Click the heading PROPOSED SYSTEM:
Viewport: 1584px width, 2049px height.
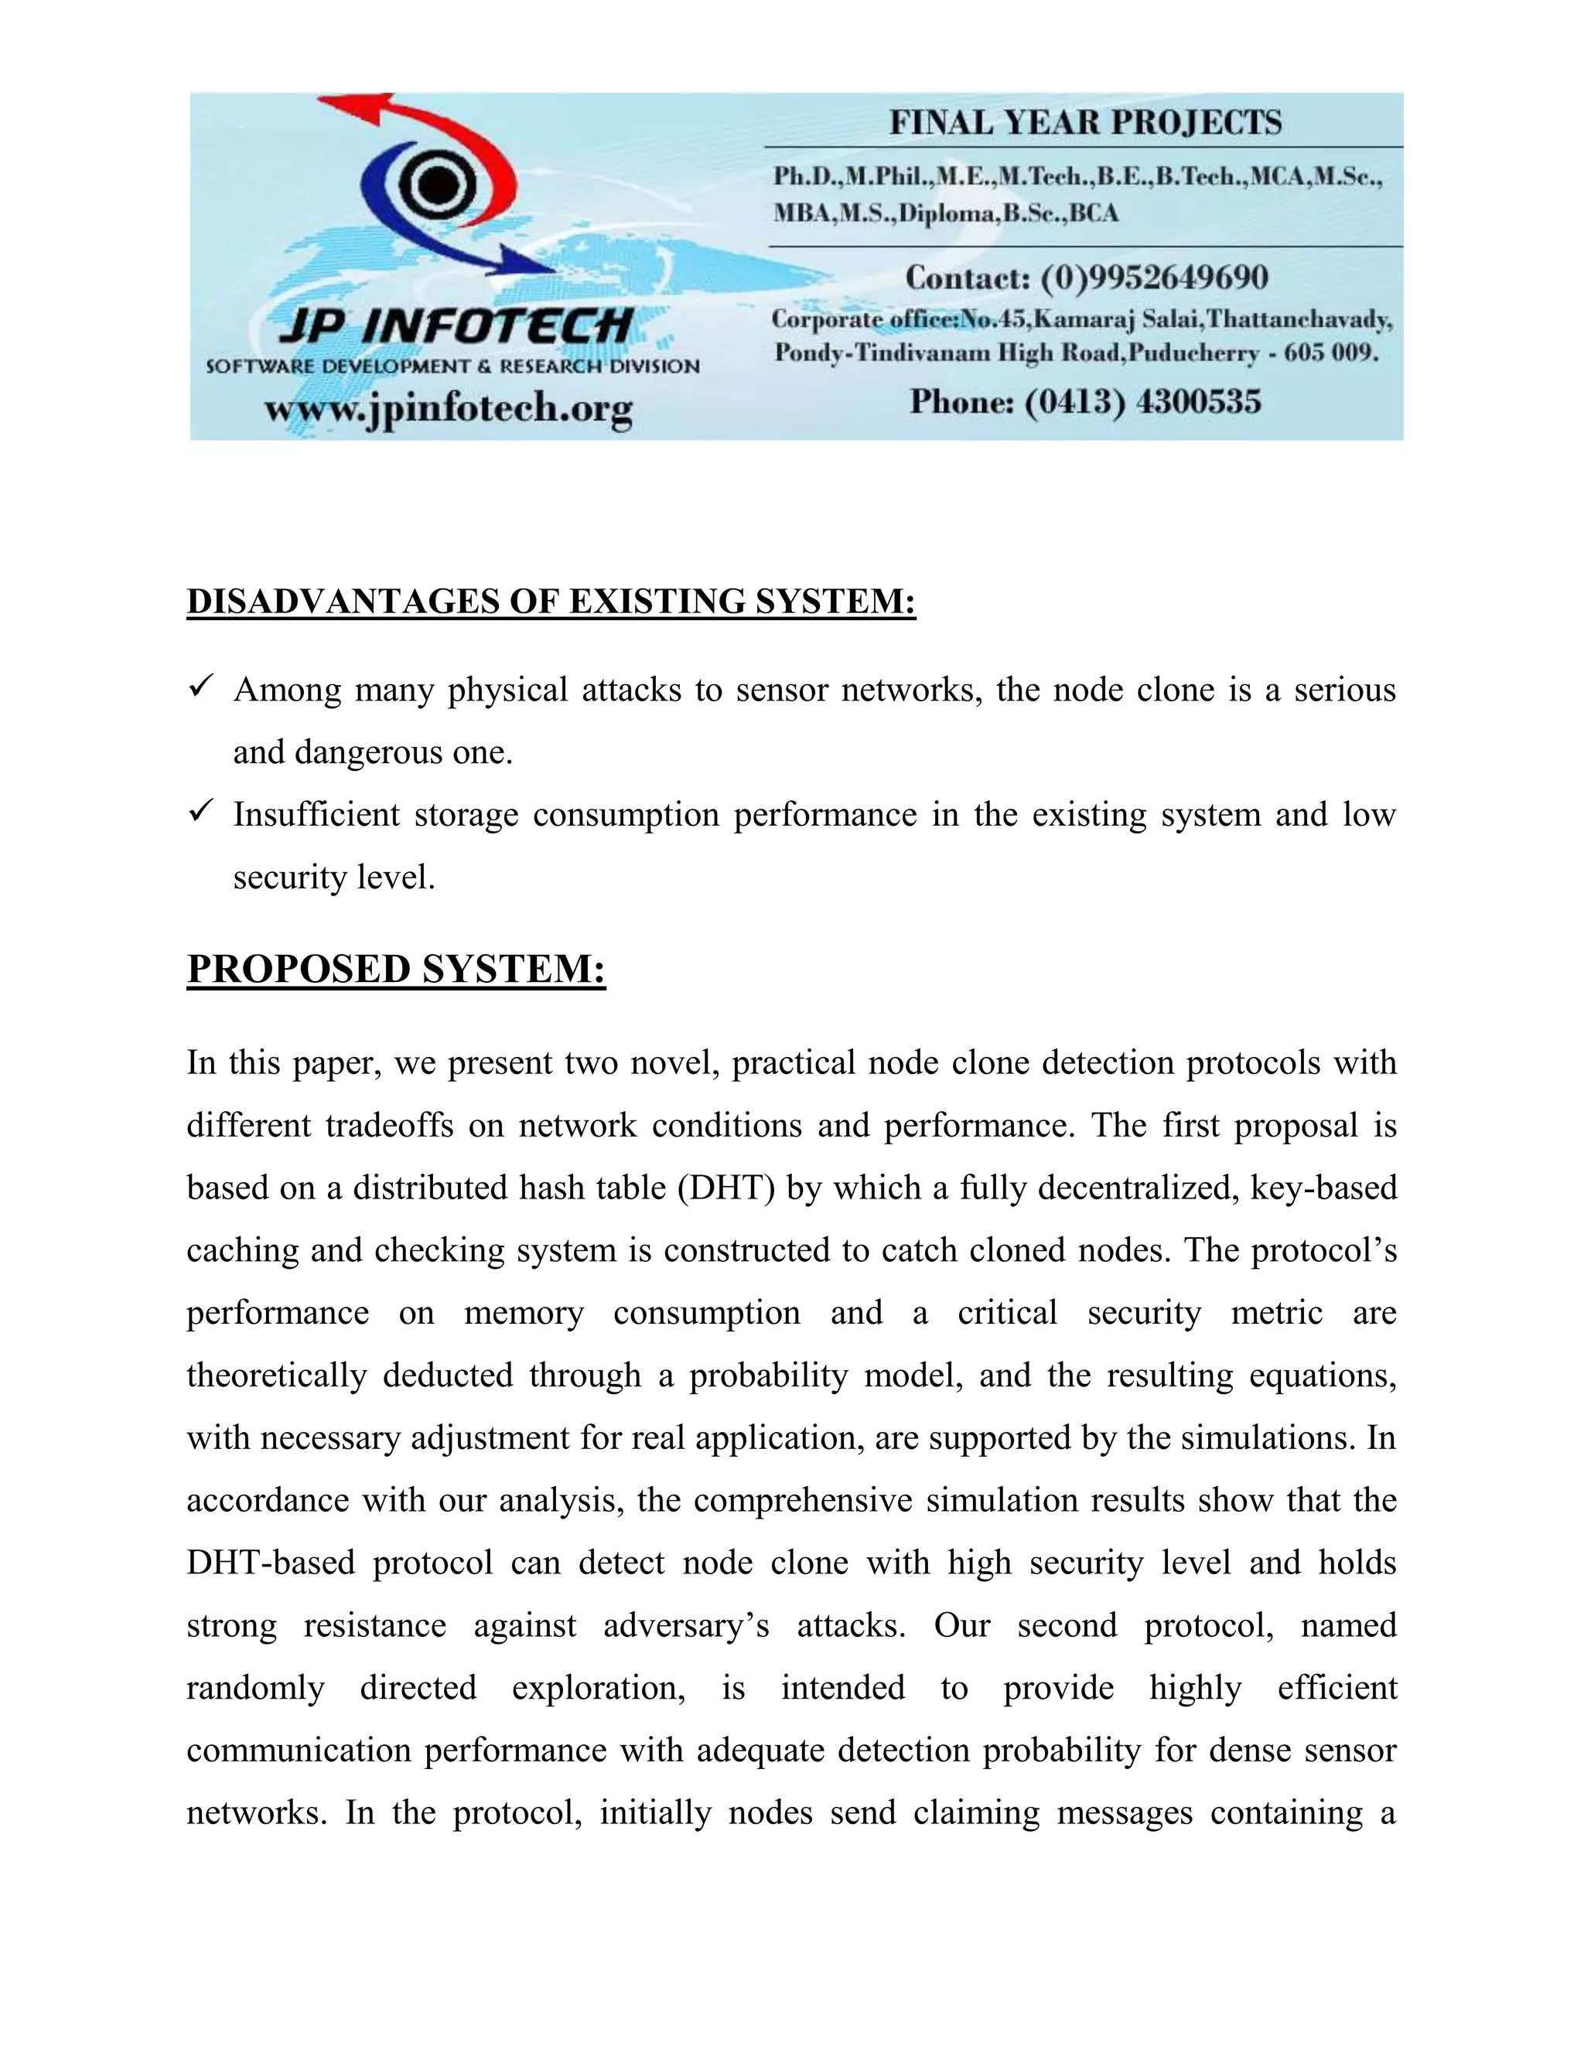[x=396, y=969]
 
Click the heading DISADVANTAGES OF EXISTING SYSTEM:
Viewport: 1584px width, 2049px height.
[x=551, y=602]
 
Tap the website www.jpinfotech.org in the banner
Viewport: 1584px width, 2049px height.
[x=449, y=408]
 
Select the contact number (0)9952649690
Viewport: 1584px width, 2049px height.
[x=1153, y=278]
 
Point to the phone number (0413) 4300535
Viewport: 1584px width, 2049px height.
[x=1142, y=403]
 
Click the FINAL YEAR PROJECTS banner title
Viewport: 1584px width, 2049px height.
[x=1085, y=123]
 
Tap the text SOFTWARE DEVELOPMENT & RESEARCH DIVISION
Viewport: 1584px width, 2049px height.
[x=452, y=367]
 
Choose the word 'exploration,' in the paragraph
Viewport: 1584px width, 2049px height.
[x=598, y=1689]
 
